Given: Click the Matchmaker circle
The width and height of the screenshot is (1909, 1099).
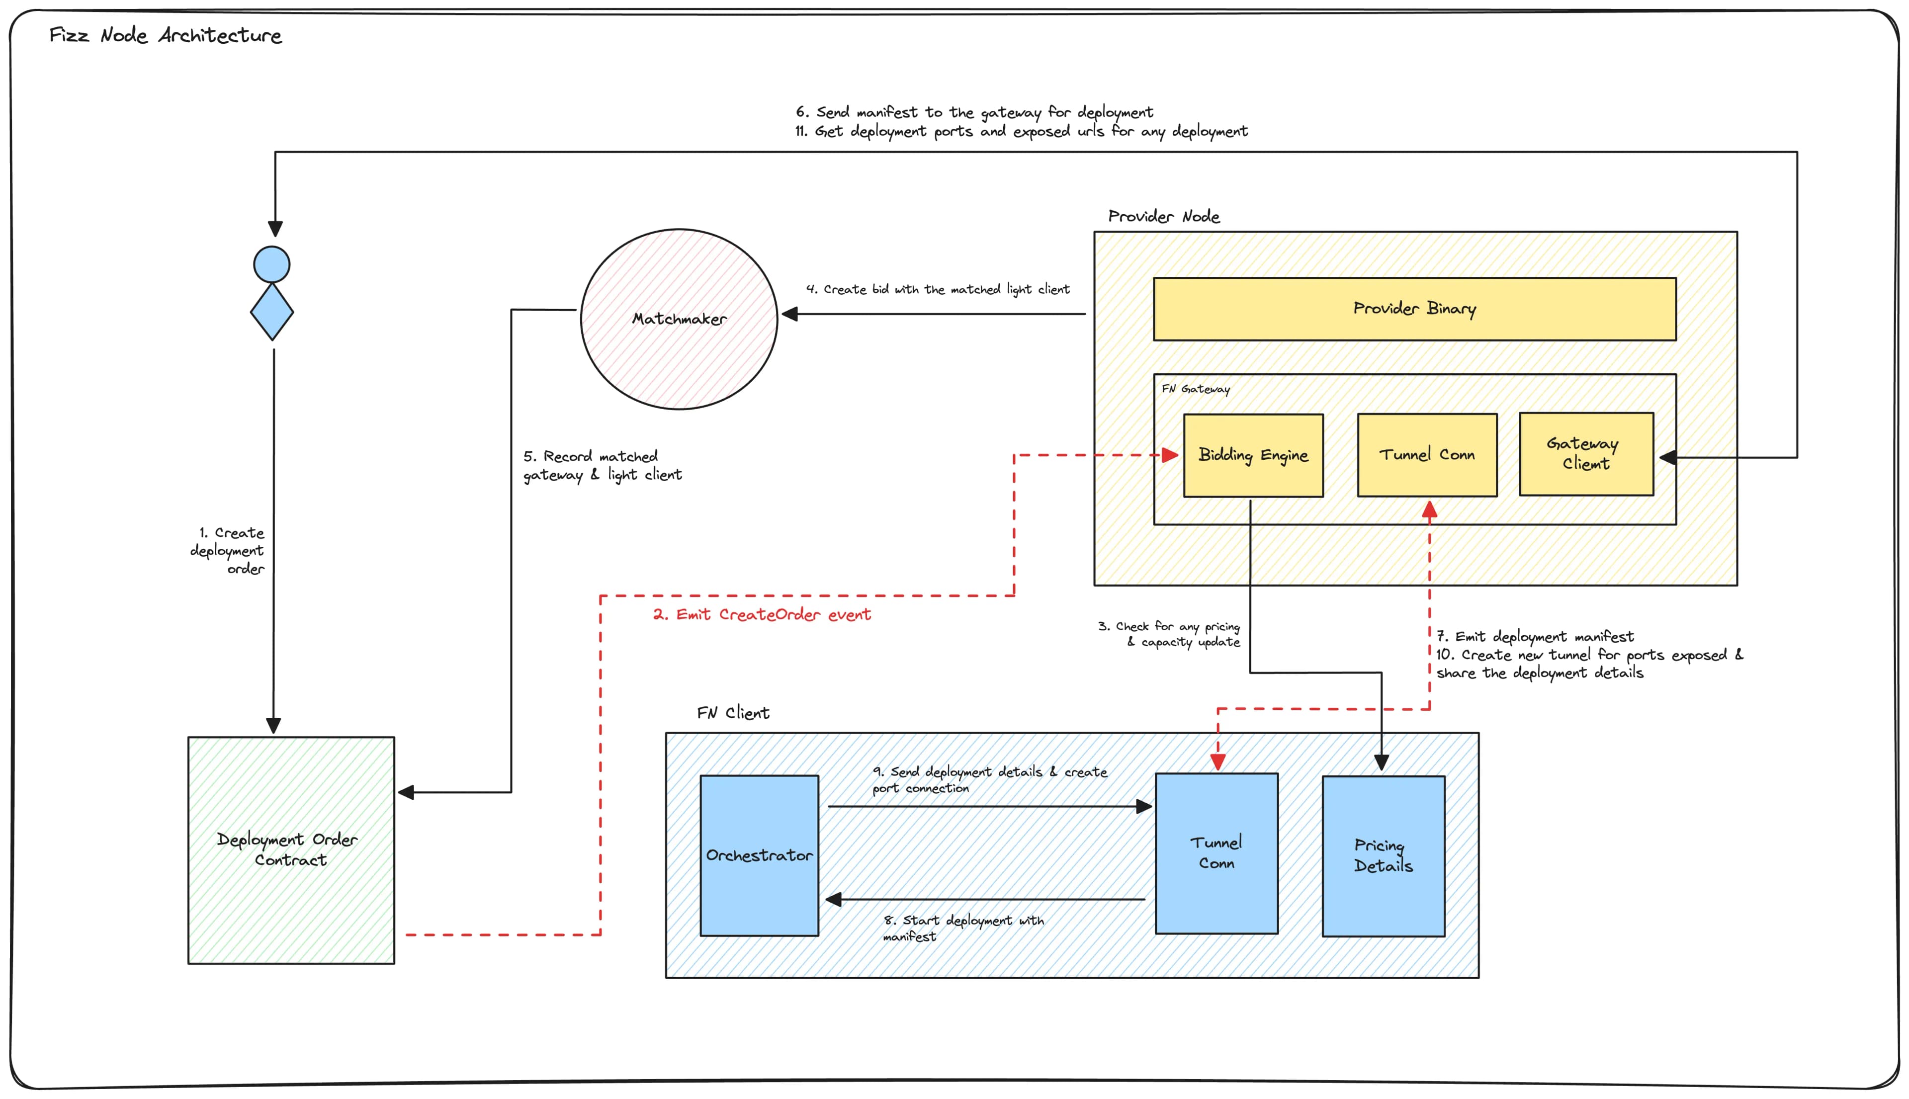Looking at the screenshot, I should click(x=679, y=319).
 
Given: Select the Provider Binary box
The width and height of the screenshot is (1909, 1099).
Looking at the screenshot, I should click(x=1414, y=309).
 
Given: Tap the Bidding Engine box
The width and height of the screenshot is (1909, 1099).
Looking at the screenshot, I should click(x=1253, y=455).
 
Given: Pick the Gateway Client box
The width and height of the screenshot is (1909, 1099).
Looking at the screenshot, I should click(x=1586, y=454).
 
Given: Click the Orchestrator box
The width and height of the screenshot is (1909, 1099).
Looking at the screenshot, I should click(x=759, y=855).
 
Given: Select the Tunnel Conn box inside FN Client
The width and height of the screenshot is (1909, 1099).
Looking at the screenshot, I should click(x=1216, y=853).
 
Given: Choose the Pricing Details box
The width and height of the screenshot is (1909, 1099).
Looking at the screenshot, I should click(x=1383, y=856).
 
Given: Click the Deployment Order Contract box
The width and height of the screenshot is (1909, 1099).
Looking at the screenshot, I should click(x=291, y=850).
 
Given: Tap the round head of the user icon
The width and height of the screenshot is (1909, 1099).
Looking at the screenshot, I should click(x=272, y=264).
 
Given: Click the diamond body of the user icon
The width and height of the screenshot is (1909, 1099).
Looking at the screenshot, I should click(x=272, y=312).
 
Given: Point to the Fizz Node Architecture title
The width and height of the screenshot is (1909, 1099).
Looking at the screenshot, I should click(x=166, y=35).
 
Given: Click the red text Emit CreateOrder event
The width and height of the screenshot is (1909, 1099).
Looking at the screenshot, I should click(x=762, y=614).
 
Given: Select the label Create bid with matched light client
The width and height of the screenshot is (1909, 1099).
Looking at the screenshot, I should click(x=938, y=289).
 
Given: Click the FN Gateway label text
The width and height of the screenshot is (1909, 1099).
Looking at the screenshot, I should click(x=1195, y=389).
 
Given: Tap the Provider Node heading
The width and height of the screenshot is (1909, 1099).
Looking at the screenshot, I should click(x=1163, y=217).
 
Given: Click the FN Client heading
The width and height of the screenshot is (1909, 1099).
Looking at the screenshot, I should click(x=732, y=713).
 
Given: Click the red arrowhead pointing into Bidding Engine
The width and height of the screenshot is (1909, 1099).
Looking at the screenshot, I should click(x=1170, y=455).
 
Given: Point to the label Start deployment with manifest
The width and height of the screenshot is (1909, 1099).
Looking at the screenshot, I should click(x=963, y=928).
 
